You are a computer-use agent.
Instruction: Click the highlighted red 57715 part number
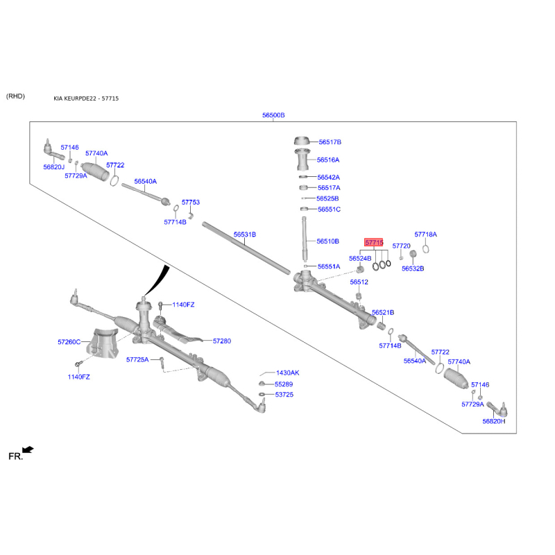(374, 243)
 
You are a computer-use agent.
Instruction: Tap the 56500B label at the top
(273, 115)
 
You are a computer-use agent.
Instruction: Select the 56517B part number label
(330, 142)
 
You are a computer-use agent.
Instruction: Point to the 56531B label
(244, 235)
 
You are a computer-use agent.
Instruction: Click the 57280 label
(222, 341)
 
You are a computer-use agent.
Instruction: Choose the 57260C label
(69, 342)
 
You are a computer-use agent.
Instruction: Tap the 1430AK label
(287, 373)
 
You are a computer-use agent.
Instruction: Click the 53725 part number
(284, 395)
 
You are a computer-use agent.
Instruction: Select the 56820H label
(494, 421)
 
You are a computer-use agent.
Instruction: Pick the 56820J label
(53, 167)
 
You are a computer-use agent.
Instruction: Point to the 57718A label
(426, 235)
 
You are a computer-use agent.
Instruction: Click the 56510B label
(327, 241)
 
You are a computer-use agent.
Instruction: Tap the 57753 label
(191, 203)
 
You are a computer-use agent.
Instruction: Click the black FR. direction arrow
(27, 450)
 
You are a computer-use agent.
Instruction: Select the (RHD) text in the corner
(15, 96)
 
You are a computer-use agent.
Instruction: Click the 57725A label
(137, 359)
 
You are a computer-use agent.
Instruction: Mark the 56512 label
(359, 282)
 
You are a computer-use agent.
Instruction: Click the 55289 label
(284, 384)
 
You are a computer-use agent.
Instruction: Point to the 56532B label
(413, 268)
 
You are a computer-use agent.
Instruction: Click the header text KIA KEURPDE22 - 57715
(86, 99)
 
